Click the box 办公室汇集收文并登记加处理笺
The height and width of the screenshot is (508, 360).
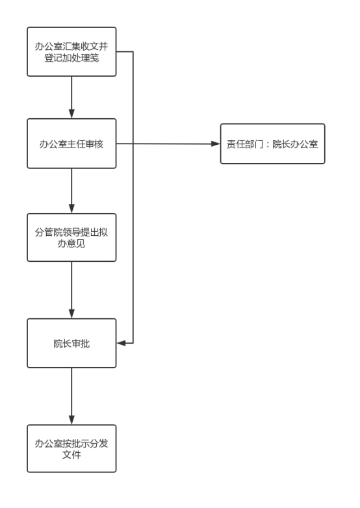[x=71, y=52]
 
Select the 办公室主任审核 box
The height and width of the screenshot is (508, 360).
[x=71, y=144]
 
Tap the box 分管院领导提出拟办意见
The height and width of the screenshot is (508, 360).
[x=71, y=238]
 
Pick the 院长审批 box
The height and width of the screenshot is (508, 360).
[x=71, y=343]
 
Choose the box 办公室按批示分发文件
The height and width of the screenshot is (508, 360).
[x=71, y=448]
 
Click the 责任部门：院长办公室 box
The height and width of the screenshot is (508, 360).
[x=272, y=144]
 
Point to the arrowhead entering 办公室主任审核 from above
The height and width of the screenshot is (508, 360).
[x=71, y=114]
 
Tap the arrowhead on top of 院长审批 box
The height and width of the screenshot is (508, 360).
[x=71, y=314]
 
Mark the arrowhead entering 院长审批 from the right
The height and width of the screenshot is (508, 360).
[x=121, y=343]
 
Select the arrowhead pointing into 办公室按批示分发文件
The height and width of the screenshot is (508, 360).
[x=71, y=420]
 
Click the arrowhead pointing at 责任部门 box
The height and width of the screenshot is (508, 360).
[x=216, y=144]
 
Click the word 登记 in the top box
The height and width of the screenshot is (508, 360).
[x=53, y=58]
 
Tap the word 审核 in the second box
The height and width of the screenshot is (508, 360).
[x=94, y=144]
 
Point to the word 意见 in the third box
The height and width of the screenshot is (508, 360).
[x=76, y=244]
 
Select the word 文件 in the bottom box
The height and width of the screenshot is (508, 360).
[x=71, y=454]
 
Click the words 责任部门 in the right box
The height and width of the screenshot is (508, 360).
[x=244, y=144]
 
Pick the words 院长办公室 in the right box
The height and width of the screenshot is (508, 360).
[x=295, y=144]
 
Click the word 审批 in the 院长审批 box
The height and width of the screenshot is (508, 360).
[x=81, y=344]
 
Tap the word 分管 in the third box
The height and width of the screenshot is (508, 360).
[x=44, y=232]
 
